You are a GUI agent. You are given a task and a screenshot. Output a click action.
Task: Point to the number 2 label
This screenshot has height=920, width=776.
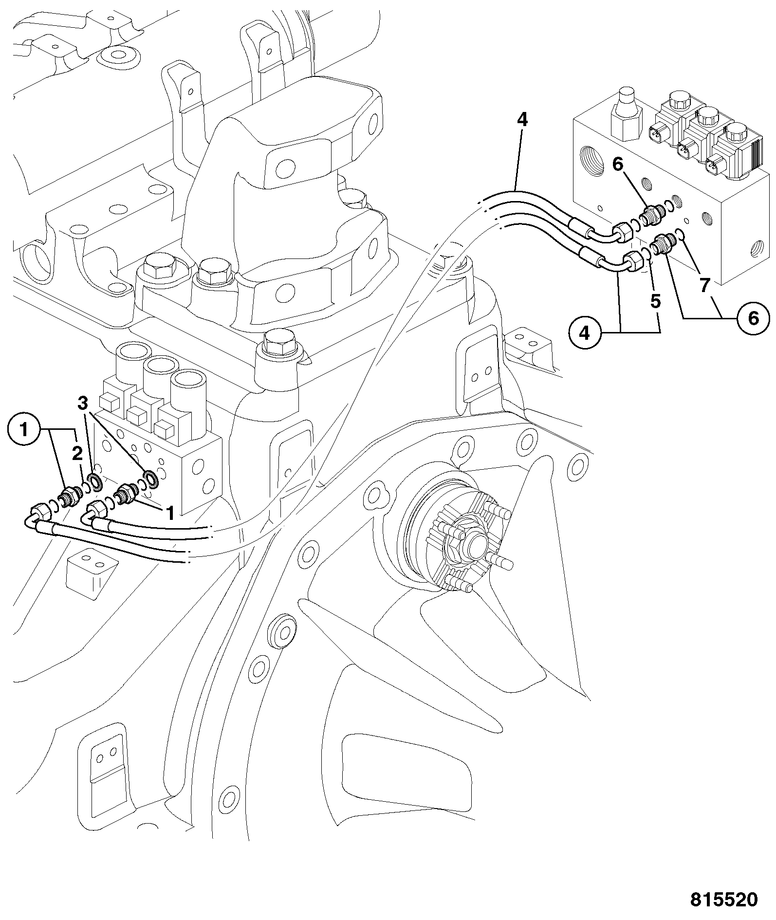[x=77, y=454]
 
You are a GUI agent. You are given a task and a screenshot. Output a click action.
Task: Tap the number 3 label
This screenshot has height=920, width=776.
[x=83, y=403]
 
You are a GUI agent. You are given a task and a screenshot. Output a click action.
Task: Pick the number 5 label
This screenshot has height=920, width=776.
[x=656, y=302]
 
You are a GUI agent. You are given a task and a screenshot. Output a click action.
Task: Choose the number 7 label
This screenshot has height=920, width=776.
[x=704, y=286]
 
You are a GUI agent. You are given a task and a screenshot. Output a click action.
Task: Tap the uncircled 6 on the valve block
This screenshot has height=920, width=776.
[x=617, y=165]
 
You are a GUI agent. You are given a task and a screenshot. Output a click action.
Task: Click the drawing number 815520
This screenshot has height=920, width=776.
[x=724, y=899]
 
